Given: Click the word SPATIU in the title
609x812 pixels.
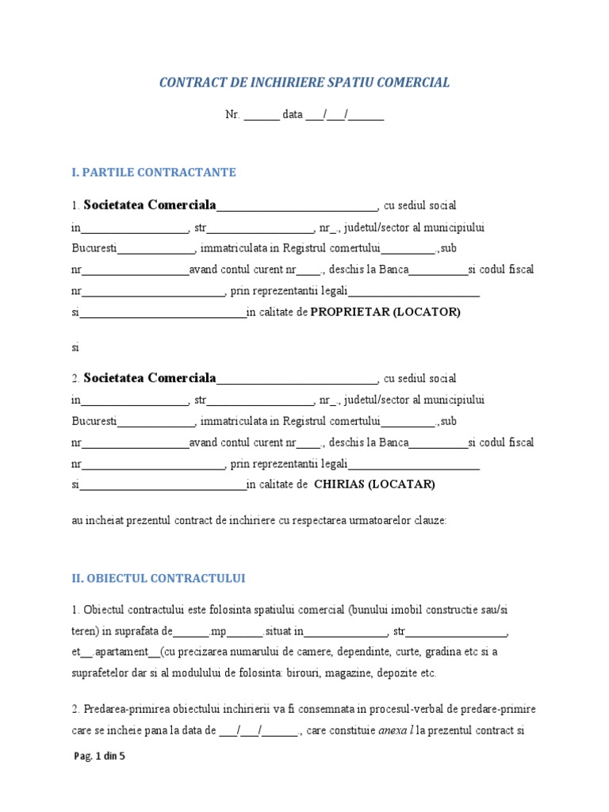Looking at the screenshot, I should [353, 82].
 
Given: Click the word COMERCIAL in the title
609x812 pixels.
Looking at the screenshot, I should [414, 82].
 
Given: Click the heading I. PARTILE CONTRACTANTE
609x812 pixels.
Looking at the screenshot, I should [154, 172].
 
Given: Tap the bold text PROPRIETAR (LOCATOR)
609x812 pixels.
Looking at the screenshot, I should [385, 312].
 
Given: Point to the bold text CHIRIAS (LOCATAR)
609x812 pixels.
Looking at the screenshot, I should [374, 484].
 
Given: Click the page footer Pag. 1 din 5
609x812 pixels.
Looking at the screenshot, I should [99, 756].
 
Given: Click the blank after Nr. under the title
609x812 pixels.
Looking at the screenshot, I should [261, 115].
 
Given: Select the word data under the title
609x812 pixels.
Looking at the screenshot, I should [293, 114].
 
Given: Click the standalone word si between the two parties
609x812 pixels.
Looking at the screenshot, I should [76, 347].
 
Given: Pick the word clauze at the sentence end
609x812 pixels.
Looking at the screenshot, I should [429, 522].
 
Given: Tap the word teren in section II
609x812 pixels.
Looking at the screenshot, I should [84, 631].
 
